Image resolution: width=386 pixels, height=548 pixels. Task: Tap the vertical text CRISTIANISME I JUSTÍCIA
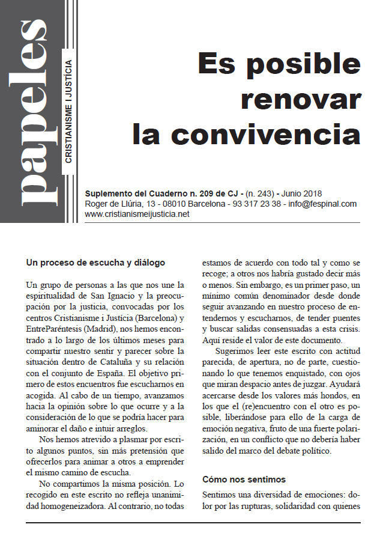(69, 111)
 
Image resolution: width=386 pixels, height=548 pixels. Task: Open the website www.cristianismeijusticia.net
(137, 214)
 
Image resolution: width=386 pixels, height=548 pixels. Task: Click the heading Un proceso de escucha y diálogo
(95, 263)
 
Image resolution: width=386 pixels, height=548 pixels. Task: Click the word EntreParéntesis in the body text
(58, 329)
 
